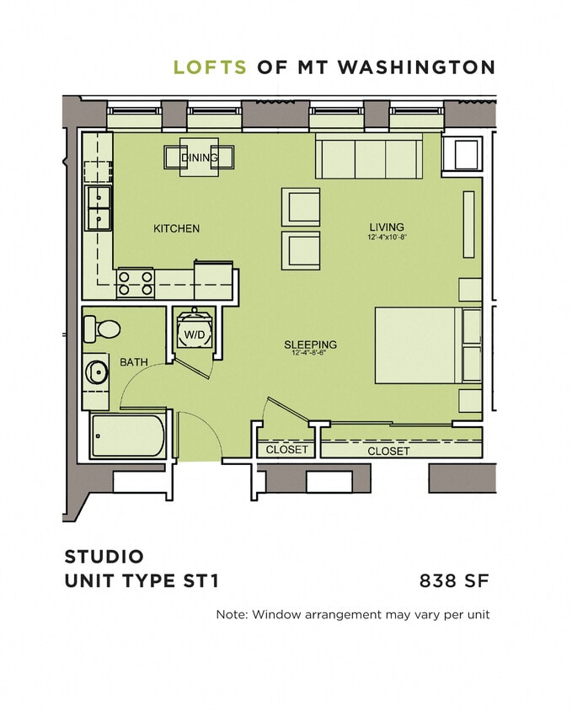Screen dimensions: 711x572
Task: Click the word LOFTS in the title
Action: pos(210,67)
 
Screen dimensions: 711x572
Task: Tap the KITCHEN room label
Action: pos(176,228)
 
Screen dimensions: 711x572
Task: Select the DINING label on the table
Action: pos(199,158)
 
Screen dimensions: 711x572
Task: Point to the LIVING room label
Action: pos(387,227)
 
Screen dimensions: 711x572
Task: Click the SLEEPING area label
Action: pos(310,345)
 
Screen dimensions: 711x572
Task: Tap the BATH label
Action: pos(133,362)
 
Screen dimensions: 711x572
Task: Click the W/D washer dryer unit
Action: pos(194,334)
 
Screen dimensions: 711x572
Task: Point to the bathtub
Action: pos(128,435)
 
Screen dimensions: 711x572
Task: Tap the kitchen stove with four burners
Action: pos(135,282)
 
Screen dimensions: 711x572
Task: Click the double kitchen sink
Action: pos(99,208)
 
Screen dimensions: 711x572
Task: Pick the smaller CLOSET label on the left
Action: pos(286,450)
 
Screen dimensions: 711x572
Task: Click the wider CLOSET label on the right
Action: pos(388,452)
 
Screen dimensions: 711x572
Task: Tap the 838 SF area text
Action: pos(454,580)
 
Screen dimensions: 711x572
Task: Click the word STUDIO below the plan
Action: pos(104,557)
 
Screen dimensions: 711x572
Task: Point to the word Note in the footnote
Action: pos(230,615)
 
